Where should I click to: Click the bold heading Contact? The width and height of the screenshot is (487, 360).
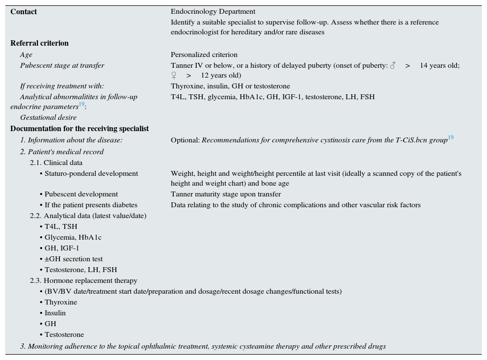pyautogui.click(x=24, y=12)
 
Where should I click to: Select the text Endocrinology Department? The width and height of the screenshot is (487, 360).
pyautogui.click(x=213, y=12)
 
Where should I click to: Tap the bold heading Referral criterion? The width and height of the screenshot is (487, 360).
pyautogui.click(x=39, y=43)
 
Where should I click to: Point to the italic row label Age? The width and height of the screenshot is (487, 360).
pyautogui.click(x=26, y=55)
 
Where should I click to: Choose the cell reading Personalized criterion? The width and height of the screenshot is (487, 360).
pyautogui.click(x=204, y=55)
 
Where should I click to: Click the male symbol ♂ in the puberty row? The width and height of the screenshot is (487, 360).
pyautogui.click(x=392, y=65)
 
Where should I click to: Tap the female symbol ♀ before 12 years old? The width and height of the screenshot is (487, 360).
pyautogui.click(x=174, y=75)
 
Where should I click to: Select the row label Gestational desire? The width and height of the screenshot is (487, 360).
pyautogui.click(x=48, y=117)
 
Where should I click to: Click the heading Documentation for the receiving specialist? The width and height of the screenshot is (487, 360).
pyautogui.click(x=80, y=129)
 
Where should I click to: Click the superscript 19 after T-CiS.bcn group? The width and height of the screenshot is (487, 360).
pyautogui.click(x=450, y=138)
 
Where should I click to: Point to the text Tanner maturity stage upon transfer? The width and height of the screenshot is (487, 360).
pyautogui.click(x=226, y=194)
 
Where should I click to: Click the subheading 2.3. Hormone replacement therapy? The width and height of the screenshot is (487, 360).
pyautogui.click(x=83, y=280)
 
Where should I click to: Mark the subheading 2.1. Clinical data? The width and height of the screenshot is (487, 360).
pyautogui.click(x=56, y=163)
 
